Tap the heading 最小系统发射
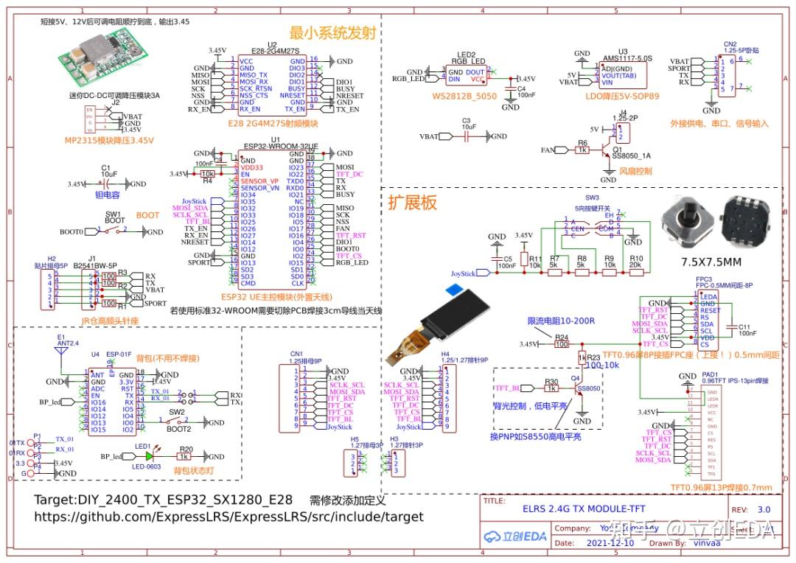[332, 33]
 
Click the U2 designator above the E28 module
[273, 45]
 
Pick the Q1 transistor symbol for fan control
[608, 150]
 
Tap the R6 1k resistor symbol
[582, 150]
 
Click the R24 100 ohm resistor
[562, 344]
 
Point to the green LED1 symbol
[150, 456]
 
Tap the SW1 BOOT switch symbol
[114, 231]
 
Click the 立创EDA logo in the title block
[516, 536]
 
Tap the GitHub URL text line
[228, 517]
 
